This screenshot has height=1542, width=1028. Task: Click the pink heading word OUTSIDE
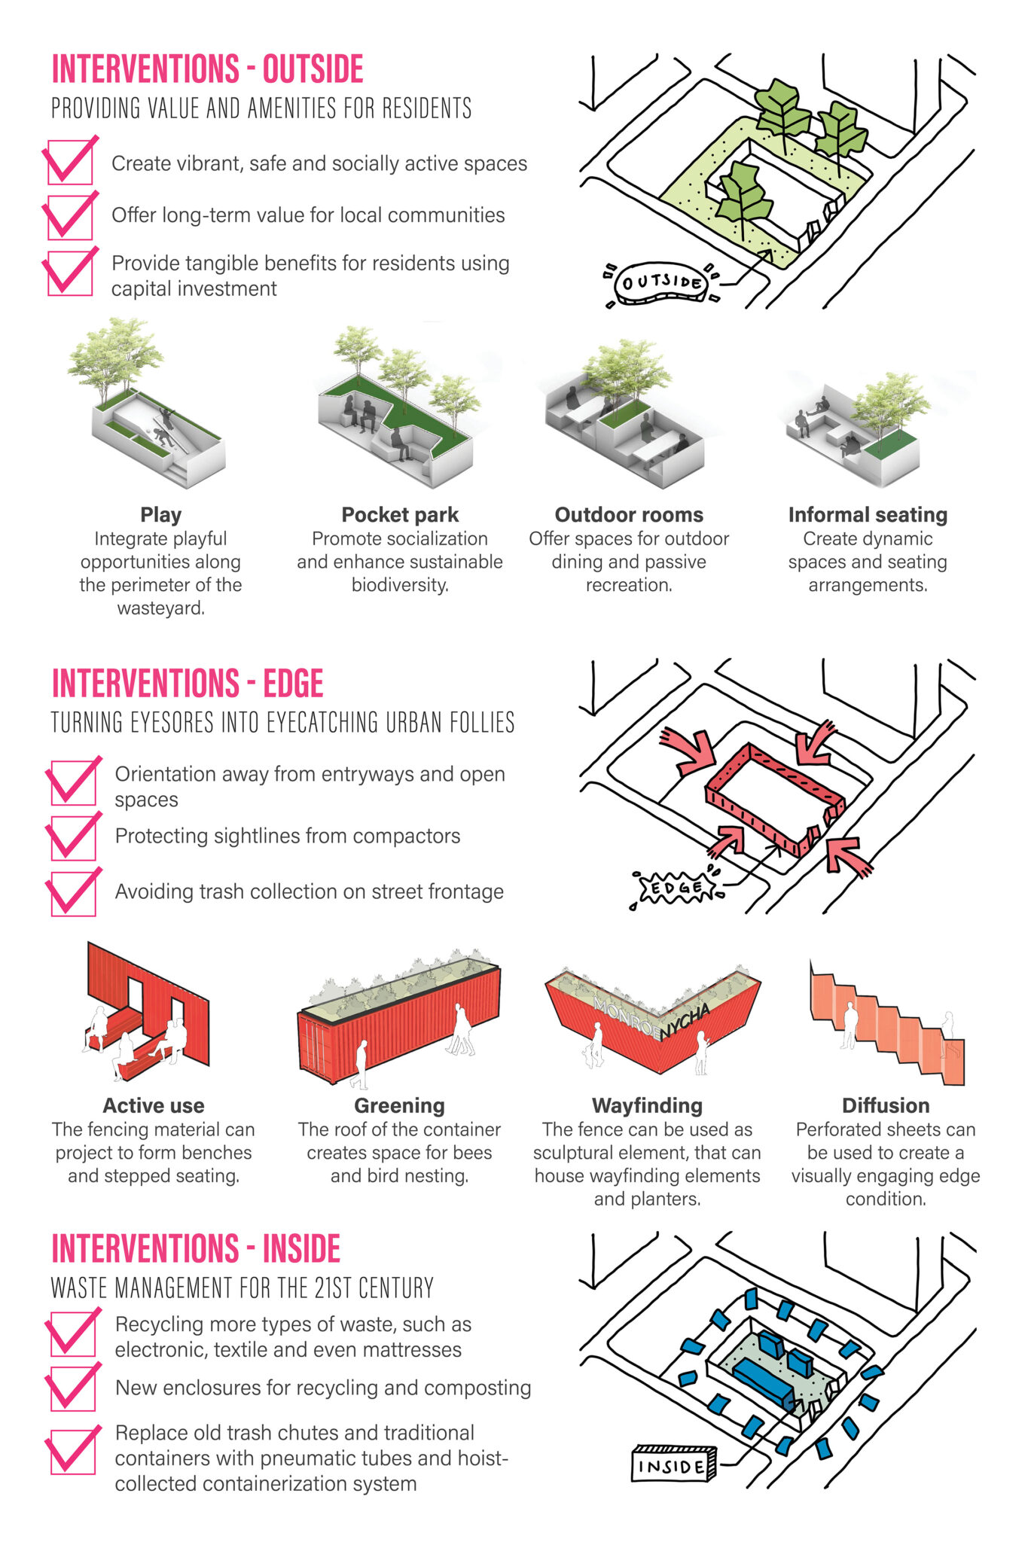tap(313, 69)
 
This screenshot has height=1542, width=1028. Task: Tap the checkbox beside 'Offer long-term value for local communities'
tap(70, 217)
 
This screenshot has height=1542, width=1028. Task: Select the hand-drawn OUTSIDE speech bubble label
tap(662, 284)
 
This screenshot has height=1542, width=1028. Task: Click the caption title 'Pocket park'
tap(400, 515)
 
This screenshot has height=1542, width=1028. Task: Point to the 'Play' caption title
tap(160, 515)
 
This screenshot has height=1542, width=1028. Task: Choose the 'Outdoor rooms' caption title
tap(629, 515)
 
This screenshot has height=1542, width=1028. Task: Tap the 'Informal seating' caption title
tap(868, 515)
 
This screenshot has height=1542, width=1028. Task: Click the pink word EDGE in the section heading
tap(293, 684)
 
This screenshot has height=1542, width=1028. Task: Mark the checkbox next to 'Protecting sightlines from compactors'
tap(73, 837)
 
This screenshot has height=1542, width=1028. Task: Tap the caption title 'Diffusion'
tap(886, 1105)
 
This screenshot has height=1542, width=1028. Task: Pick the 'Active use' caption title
tap(154, 1105)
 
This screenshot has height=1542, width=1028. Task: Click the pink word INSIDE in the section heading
tap(301, 1249)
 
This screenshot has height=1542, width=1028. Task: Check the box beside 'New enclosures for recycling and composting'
tap(73, 1388)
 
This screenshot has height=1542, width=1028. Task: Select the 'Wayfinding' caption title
tap(647, 1105)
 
